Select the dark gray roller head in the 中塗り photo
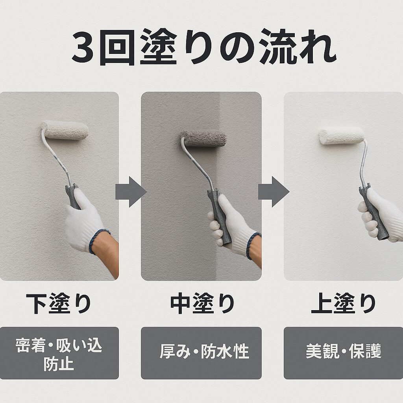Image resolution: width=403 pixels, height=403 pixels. coord(203,139)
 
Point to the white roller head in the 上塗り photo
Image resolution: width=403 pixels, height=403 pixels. coord(341,136)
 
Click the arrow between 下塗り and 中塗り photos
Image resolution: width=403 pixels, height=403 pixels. coord(130,192)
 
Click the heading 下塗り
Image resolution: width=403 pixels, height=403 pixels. coord(59,303)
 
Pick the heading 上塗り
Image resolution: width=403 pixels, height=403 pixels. coord(343,303)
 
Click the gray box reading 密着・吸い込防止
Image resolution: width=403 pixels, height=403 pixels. coord(59,353)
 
